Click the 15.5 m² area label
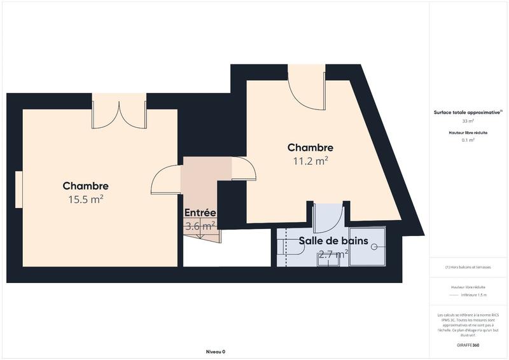click(x=85, y=199)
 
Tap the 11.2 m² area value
click(x=310, y=161)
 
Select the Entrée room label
click(x=200, y=212)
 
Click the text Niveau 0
click(x=216, y=352)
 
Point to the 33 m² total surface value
click(x=468, y=121)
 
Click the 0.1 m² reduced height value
click(x=468, y=140)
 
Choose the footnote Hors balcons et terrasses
click(x=468, y=267)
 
